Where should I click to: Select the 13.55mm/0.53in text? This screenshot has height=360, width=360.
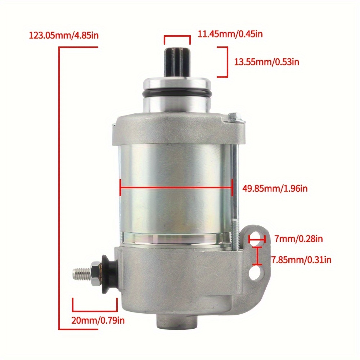point(267,62)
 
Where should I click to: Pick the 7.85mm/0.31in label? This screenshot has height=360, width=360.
point(301,259)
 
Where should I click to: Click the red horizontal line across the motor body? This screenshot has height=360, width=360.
point(176,187)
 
